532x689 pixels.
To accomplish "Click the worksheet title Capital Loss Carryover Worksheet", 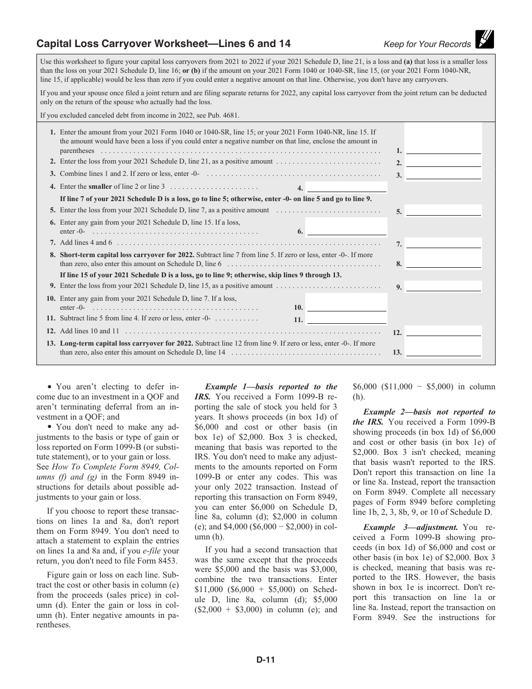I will pos(164,44).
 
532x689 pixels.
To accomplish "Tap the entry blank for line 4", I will pos(347,187).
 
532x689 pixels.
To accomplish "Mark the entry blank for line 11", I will pos(347,319).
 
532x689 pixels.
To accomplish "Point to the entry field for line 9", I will pos(443,286).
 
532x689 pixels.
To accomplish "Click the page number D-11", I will pos(265,660).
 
